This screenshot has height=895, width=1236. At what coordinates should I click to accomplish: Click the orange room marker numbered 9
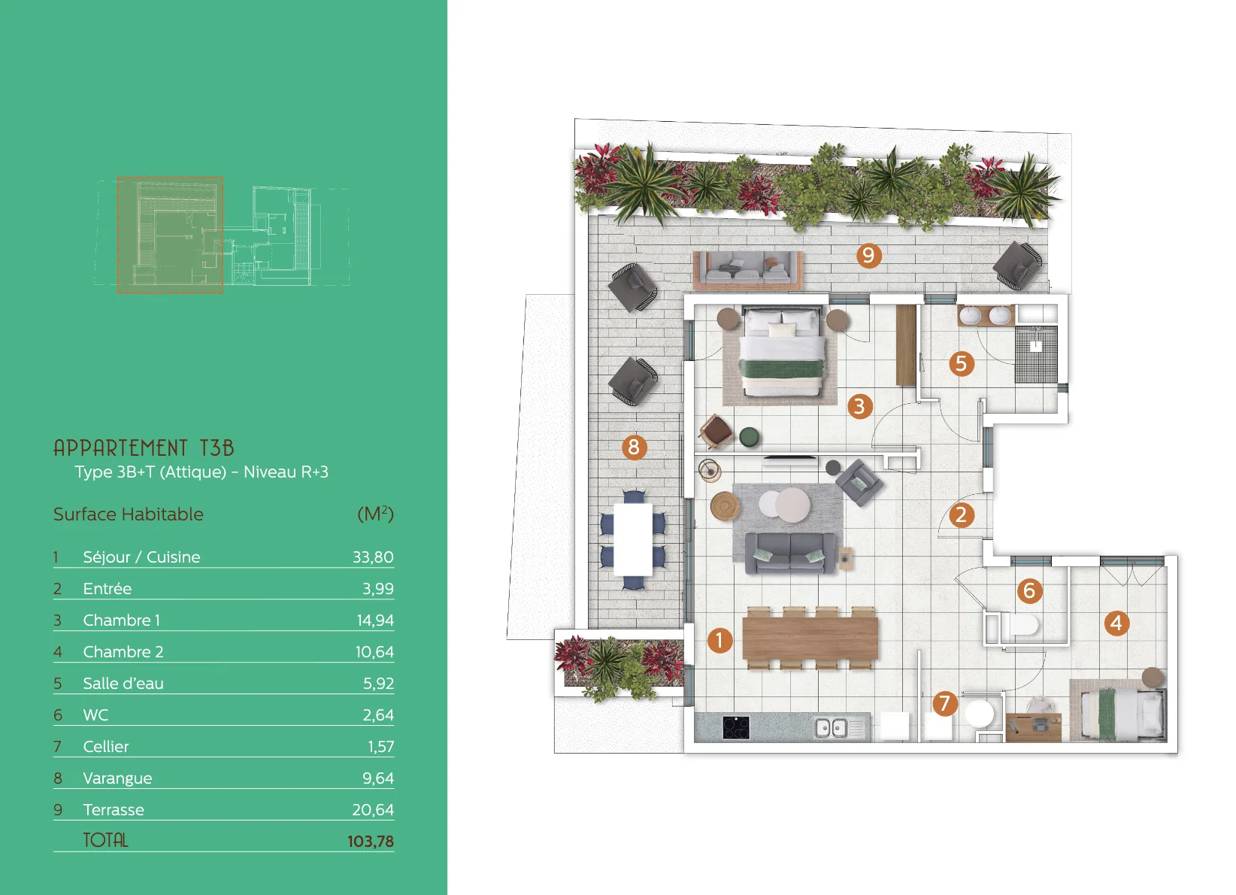point(868,255)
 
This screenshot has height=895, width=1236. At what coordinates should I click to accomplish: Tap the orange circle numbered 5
point(962,364)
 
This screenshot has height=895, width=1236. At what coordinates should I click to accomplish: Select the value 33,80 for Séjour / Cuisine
point(373,557)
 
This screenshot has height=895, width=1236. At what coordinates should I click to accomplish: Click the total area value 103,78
point(370,842)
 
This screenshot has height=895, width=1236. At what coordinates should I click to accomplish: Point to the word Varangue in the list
point(117,778)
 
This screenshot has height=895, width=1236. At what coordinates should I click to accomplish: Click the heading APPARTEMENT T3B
point(144,447)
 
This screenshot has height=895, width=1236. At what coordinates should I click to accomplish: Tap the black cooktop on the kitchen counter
point(736,727)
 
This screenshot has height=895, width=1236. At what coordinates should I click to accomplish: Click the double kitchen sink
point(832,728)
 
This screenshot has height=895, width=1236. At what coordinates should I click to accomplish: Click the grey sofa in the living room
point(790,553)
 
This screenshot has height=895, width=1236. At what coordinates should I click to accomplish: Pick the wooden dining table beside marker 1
point(810,638)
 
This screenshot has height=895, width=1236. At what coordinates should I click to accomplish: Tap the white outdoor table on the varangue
point(633,539)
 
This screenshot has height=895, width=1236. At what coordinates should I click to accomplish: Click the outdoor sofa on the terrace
point(747,270)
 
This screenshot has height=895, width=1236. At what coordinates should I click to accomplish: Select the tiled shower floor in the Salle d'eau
point(1036,354)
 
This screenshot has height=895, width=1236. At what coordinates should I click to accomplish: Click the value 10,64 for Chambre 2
point(374,651)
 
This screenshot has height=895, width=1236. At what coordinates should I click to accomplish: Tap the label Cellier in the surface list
point(105,747)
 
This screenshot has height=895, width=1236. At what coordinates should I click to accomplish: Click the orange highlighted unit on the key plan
point(170,235)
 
